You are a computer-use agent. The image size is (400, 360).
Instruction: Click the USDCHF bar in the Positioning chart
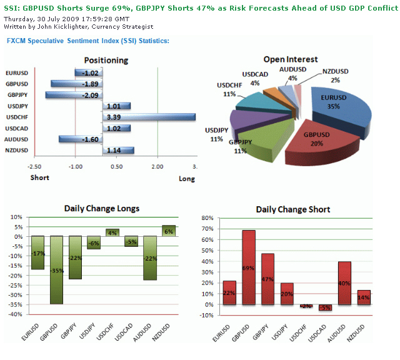150,117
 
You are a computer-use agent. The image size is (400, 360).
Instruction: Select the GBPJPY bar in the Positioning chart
74,95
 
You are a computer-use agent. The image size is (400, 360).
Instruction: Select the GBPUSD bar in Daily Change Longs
57,269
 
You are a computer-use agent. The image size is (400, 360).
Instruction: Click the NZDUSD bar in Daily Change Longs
169,231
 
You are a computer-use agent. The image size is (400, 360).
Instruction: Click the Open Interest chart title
290,59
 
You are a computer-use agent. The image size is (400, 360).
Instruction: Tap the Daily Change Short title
292,209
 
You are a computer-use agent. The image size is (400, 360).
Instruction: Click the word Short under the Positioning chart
40,177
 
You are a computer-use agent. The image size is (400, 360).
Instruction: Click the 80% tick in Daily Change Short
206,219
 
